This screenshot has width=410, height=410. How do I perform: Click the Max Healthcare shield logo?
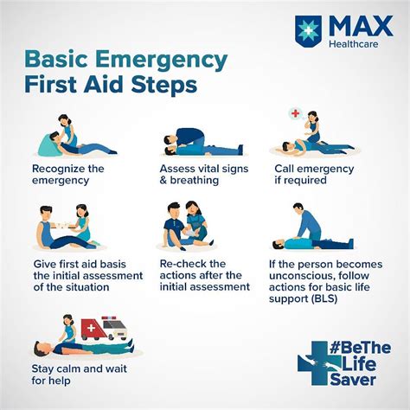click(308, 30)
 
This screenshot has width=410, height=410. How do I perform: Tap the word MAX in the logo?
click(361, 26)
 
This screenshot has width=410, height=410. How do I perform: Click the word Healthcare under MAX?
click(354, 44)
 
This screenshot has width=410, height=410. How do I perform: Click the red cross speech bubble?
click(296, 113)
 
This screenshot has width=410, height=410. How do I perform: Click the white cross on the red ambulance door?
click(91, 328)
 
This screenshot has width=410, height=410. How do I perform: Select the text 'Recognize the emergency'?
click(68, 175)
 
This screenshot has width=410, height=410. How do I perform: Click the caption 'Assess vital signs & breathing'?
click(204, 175)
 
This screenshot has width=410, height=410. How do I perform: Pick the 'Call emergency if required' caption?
click(314, 175)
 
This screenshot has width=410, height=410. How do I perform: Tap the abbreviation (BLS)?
click(324, 298)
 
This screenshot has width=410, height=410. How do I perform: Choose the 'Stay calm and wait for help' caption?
click(80, 375)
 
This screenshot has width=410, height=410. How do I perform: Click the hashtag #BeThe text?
click(361, 348)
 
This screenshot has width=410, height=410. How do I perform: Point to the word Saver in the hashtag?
click(353, 379)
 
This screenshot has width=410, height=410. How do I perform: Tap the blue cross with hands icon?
click(316, 363)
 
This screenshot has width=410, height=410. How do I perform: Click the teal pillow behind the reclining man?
click(49, 146)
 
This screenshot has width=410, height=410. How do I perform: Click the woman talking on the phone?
click(314, 127)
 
